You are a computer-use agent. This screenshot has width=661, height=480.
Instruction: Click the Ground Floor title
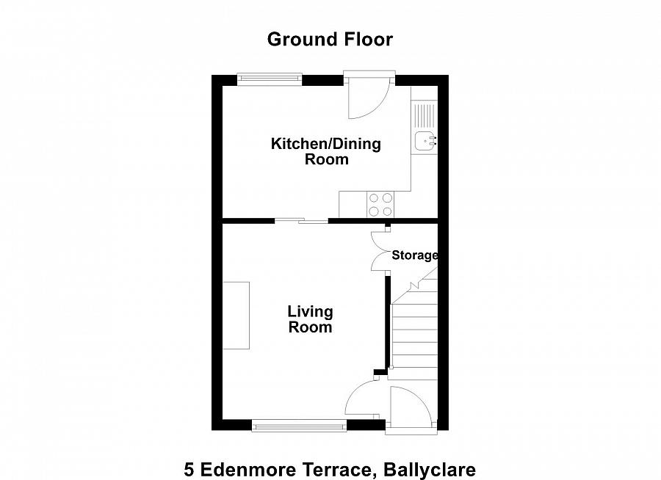click(330, 39)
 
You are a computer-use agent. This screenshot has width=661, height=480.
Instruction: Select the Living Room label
click(310, 320)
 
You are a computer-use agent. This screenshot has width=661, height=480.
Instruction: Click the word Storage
click(414, 255)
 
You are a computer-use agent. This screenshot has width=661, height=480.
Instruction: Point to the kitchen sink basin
click(425, 142)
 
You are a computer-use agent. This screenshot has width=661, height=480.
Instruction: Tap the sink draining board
click(425, 115)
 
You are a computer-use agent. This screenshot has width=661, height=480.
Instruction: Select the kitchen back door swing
click(365, 99)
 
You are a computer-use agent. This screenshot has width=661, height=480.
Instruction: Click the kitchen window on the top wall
click(270, 79)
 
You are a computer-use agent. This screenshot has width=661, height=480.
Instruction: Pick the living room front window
click(299, 425)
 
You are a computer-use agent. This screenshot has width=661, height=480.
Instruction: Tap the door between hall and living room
click(365, 401)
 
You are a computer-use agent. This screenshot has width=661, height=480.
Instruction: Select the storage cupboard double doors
click(380, 252)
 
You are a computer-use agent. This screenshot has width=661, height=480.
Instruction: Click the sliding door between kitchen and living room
click(302, 219)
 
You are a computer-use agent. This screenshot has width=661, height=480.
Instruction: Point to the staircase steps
click(414, 338)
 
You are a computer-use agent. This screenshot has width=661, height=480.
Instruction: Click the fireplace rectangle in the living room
click(236, 315)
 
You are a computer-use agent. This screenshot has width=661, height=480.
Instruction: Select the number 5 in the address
click(189, 469)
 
